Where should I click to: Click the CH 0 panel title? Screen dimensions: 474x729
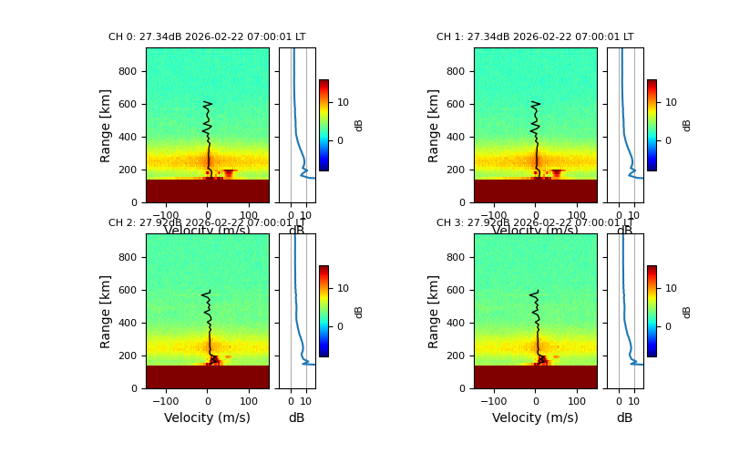click(207, 37)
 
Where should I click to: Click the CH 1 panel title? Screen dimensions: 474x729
click(535, 37)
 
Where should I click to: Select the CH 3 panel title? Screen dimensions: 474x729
click(535, 223)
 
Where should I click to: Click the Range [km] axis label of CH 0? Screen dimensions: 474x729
click(106, 125)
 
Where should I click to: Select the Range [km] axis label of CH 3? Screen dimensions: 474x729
click(434, 311)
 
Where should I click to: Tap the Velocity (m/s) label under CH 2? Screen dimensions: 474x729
click(207, 417)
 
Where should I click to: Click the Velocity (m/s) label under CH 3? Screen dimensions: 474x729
click(535, 417)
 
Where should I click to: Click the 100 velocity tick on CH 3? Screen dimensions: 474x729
click(577, 400)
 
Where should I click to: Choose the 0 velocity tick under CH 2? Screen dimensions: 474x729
click(207, 400)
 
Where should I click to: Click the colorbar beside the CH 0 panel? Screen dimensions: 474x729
click(323, 125)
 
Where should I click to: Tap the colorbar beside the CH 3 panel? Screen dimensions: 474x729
click(652, 311)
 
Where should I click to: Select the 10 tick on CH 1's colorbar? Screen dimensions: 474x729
click(671, 103)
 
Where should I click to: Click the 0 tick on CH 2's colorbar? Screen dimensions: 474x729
click(343, 326)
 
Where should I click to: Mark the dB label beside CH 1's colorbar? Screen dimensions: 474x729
click(687, 125)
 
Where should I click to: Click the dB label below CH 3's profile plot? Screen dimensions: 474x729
click(624, 417)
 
